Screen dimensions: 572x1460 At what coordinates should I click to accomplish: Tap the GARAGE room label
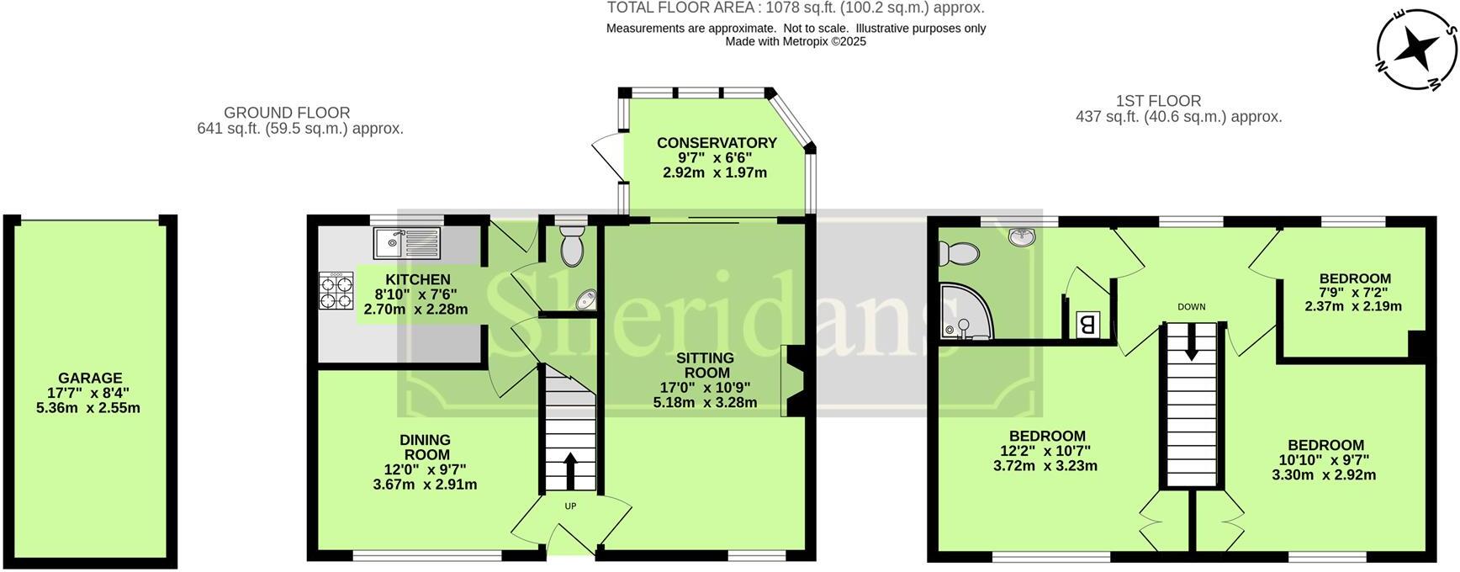pyautogui.click(x=90, y=379)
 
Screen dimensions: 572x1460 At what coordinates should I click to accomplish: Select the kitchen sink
pyautogui.click(x=408, y=243)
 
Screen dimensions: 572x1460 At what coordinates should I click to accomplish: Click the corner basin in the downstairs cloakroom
pyautogui.click(x=586, y=299)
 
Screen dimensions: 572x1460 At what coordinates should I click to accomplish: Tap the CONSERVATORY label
pyautogui.click(x=717, y=142)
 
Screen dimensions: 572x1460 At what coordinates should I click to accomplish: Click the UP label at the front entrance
pyautogui.click(x=570, y=506)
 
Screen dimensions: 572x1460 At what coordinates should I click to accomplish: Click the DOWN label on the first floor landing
pyautogui.click(x=1191, y=307)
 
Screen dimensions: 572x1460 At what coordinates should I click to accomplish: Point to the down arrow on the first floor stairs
pyautogui.click(x=1191, y=343)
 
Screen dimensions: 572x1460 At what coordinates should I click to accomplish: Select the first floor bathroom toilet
pyautogui.click(x=958, y=252)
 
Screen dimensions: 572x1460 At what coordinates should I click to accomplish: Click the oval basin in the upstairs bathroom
pyautogui.click(x=1022, y=237)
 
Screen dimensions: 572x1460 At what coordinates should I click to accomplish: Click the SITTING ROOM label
pyautogui.click(x=705, y=365)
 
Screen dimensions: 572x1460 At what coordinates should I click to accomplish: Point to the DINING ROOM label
pyautogui.click(x=425, y=447)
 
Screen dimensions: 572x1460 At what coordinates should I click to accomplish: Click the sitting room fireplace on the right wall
pyautogui.click(x=794, y=381)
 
